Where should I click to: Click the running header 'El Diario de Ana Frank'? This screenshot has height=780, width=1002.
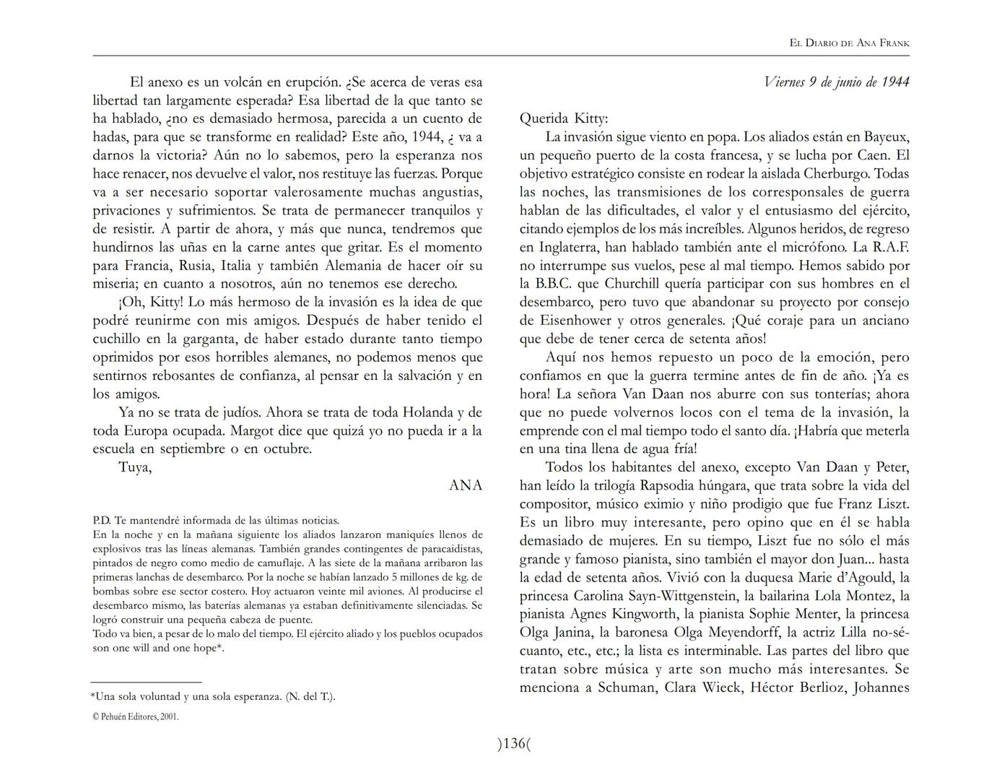pyautogui.click(x=849, y=43)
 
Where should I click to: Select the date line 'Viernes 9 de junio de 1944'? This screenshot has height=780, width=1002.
pyautogui.click(x=836, y=82)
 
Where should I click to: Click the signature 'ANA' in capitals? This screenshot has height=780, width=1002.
pyautogui.click(x=465, y=485)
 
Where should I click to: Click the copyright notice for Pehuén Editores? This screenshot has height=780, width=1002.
pyautogui.click(x=136, y=717)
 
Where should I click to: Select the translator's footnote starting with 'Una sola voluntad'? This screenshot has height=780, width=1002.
pyautogui.click(x=213, y=697)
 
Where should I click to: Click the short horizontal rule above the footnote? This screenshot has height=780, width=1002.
pyautogui.click(x=146, y=681)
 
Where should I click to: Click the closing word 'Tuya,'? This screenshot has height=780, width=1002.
pyautogui.click(x=135, y=467)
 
